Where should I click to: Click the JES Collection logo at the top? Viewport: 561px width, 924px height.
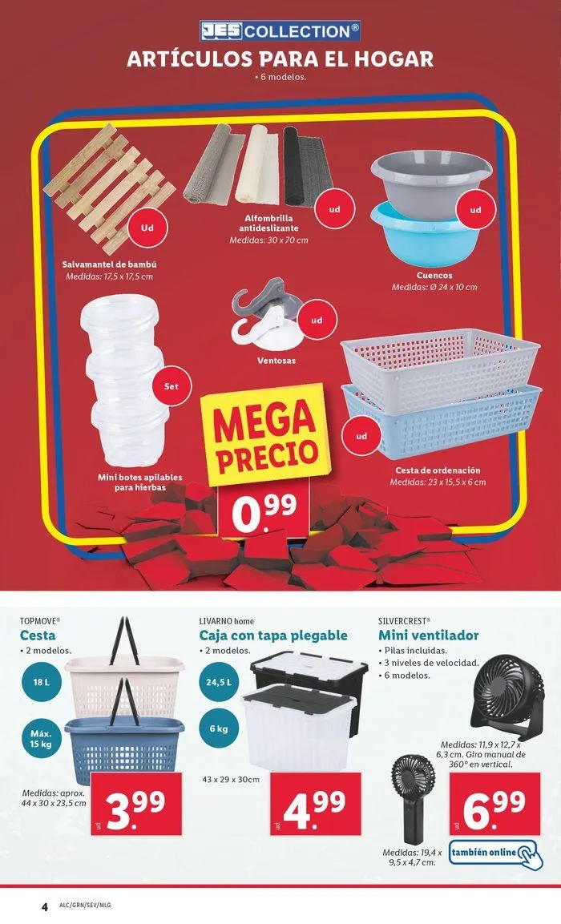tap(280, 31)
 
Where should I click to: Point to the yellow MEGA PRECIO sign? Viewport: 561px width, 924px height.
tap(261, 435)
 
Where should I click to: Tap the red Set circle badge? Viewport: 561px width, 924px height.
tap(171, 386)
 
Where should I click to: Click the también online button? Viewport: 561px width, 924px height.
tap(493, 852)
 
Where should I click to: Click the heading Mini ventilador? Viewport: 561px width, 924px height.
tap(428, 635)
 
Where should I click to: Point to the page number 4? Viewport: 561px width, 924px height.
tap(45, 907)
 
